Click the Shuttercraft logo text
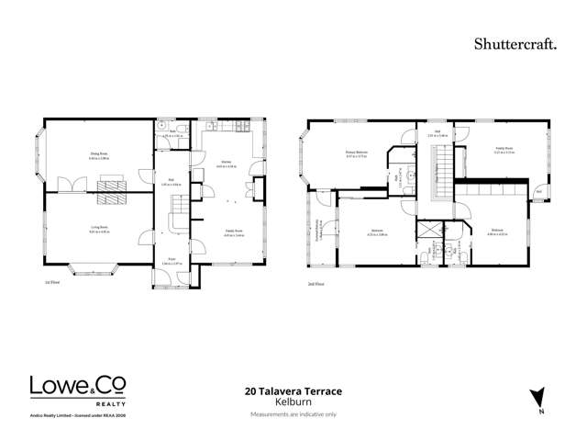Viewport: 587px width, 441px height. click(515, 43)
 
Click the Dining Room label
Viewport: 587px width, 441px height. click(98, 156)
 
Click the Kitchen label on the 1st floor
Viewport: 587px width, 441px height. click(225, 164)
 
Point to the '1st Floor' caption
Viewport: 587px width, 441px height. click(53, 285)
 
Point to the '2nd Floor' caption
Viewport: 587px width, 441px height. click(316, 285)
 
